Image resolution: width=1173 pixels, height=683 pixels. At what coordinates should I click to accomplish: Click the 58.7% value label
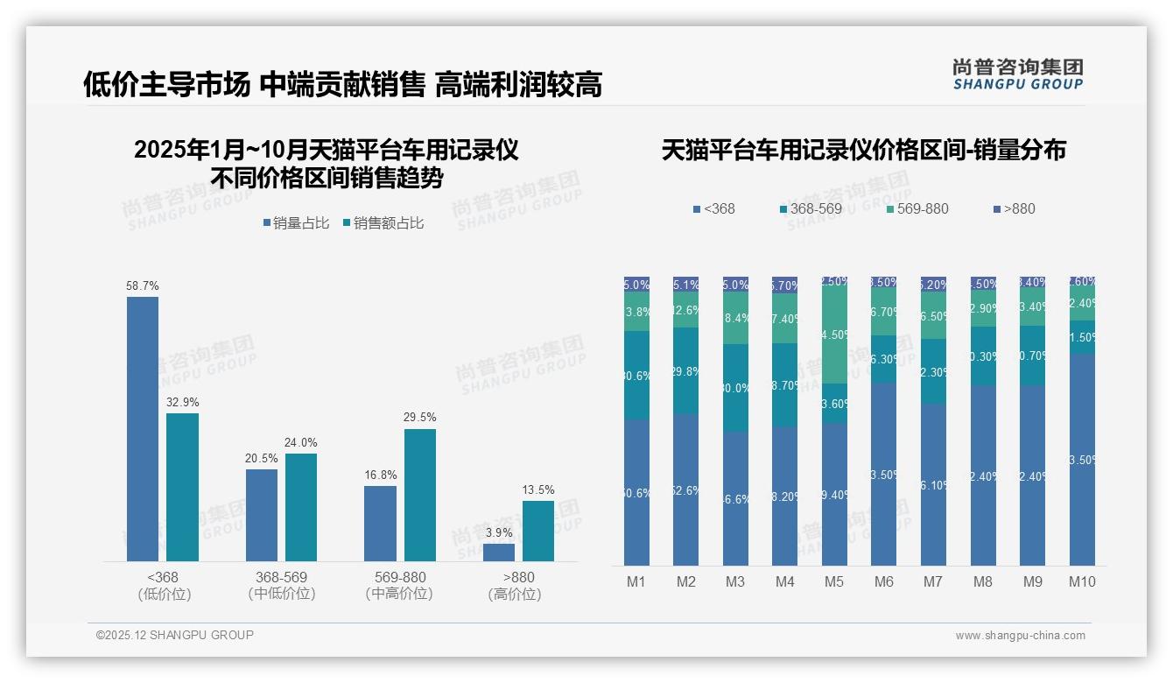(x=143, y=286)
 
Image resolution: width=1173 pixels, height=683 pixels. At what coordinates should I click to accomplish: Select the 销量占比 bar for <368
(x=143, y=429)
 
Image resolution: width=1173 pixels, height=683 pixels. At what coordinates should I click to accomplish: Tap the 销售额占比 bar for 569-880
(x=420, y=495)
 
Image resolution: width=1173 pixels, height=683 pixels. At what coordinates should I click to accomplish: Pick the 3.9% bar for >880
(x=499, y=553)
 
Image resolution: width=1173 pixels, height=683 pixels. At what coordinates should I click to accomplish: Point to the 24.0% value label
(x=301, y=443)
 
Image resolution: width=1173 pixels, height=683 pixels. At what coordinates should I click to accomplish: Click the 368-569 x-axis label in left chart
(x=281, y=578)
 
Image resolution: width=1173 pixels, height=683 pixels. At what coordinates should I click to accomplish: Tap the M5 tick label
(x=834, y=581)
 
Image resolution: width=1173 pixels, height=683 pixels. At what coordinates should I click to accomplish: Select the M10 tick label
(x=1083, y=581)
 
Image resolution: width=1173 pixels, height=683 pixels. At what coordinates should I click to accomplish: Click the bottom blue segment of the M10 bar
(x=1083, y=460)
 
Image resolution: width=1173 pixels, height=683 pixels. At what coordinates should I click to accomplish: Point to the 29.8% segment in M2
(x=686, y=371)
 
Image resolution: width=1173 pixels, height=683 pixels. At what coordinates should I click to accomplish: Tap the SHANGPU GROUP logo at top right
(x=1018, y=74)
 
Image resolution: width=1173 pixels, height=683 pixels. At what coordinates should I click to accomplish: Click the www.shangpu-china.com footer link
(x=1020, y=636)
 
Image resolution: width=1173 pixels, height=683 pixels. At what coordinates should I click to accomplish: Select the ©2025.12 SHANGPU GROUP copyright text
(x=175, y=635)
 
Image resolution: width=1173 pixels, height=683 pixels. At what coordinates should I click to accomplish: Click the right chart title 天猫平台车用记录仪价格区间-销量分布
(x=863, y=151)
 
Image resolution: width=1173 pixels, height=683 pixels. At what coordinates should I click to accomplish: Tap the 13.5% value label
(x=538, y=490)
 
